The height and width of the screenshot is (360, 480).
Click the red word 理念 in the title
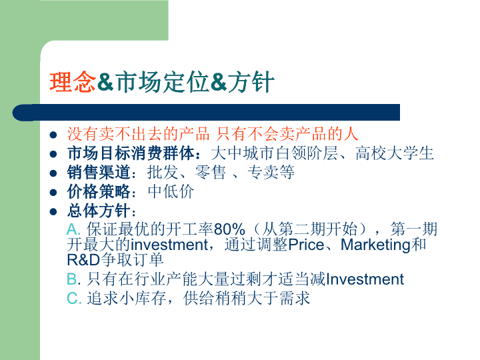point(73,82)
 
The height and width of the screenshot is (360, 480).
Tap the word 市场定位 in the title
point(161,82)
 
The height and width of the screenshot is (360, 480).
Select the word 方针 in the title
point(251,82)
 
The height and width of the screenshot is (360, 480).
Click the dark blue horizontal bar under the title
point(206,113)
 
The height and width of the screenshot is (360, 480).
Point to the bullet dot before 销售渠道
point(53,173)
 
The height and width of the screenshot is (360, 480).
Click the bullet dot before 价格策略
point(53,193)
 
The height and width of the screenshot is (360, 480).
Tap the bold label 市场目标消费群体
point(131,153)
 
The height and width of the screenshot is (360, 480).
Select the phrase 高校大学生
point(394,153)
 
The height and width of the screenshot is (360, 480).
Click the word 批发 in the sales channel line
point(163,173)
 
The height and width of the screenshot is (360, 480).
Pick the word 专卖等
point(271,173)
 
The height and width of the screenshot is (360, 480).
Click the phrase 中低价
point(171,191)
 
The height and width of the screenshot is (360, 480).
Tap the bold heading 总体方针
point(99,211)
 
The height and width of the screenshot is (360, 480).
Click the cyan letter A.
point(73,229)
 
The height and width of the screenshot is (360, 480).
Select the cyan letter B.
point(72,279)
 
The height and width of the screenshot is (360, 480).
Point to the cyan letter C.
point(73,298)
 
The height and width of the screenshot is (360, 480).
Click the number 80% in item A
point(229,229)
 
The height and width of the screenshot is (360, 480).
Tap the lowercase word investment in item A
point(169,245)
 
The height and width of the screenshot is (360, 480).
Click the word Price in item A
point(306,245)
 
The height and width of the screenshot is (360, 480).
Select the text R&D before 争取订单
point(83,260)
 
